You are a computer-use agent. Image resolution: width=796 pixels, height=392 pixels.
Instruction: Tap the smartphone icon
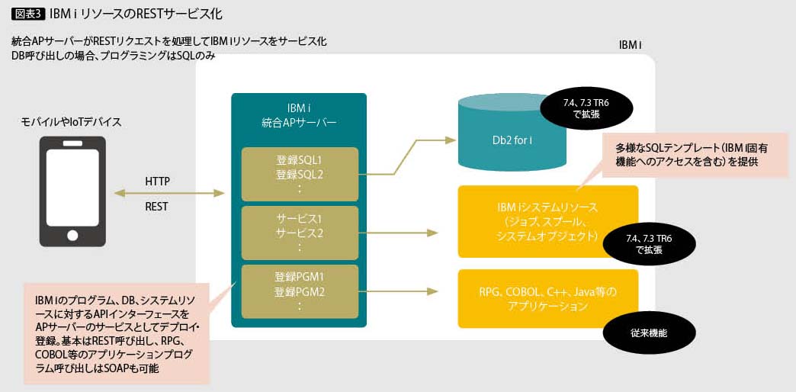[x=72, y=191]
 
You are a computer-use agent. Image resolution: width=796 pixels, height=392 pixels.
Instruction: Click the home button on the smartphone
[x=72, y=234]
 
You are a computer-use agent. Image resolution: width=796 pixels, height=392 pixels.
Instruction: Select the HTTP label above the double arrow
[x=157, y=182]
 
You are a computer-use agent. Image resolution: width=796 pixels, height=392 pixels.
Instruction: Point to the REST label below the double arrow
[x=157, y=206]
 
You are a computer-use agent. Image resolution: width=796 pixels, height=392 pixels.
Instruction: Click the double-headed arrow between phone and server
[x=169, y=194]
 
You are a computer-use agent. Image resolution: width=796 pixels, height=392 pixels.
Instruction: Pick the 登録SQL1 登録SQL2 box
[x=300, y=174]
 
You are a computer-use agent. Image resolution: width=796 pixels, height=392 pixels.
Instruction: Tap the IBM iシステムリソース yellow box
[x=547, y=221]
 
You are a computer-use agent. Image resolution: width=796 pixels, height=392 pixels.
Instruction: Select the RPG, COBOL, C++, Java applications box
[x=547, y=298]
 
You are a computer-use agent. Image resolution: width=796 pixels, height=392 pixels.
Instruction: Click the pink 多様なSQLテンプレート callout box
[x=694, y=155]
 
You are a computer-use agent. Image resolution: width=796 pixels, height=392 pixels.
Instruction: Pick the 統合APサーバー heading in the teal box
[x=299, y=114]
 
